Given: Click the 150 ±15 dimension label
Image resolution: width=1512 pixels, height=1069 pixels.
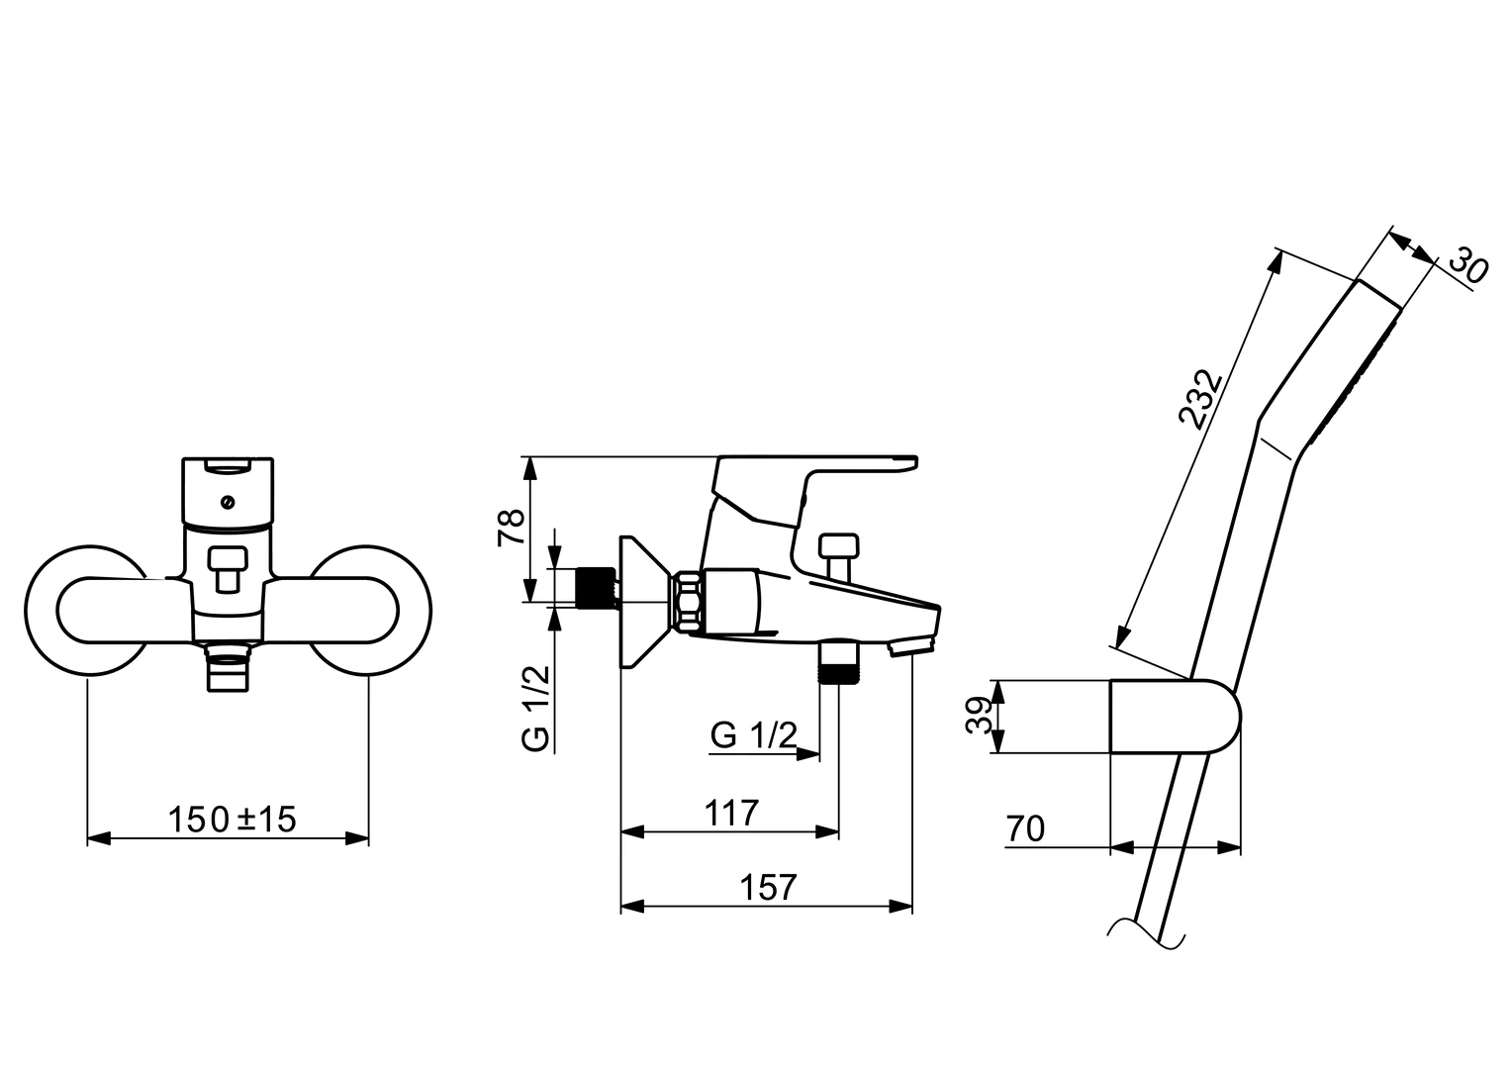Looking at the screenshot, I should click(232, 820).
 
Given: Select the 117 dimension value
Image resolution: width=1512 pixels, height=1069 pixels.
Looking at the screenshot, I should click(731, 814).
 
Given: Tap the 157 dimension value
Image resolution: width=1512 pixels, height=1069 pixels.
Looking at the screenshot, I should click(768, 887).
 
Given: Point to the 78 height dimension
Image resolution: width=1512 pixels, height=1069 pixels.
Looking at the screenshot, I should click(511, 528).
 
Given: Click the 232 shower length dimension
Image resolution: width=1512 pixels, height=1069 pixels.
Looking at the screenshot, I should click(1200, 399).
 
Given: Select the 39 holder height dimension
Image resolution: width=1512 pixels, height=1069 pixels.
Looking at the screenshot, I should click(979, 716).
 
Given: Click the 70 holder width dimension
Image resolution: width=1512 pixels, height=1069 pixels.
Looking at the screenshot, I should click(1025, 828).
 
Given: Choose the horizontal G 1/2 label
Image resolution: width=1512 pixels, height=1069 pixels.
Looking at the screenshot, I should click(753, 734).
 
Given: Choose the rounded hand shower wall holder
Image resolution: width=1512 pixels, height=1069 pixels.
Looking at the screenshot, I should click(1175, 716).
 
